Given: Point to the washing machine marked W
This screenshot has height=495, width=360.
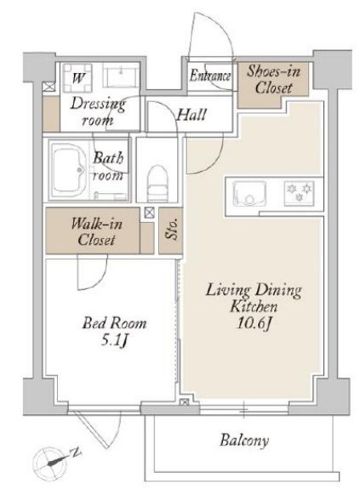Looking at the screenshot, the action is pos(77,77).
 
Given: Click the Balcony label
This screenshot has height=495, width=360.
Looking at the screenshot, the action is pos(244,440).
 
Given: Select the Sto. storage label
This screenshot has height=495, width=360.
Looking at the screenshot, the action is pos(171,230).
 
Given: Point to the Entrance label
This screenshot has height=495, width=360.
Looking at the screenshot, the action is pos(210,76).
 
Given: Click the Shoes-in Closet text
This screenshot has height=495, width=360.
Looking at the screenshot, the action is pos(273,79).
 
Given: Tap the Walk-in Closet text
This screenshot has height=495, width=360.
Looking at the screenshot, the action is pos(96,231).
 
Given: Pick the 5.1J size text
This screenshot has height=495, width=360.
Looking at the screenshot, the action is pos(114,340).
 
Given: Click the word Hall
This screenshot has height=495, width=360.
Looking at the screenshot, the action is pos(191,115).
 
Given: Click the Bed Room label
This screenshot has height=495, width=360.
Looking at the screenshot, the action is pos(114,323).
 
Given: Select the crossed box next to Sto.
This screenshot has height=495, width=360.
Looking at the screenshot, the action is pos(150,213).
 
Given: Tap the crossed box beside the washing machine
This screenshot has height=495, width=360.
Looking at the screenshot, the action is pos(49,87).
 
